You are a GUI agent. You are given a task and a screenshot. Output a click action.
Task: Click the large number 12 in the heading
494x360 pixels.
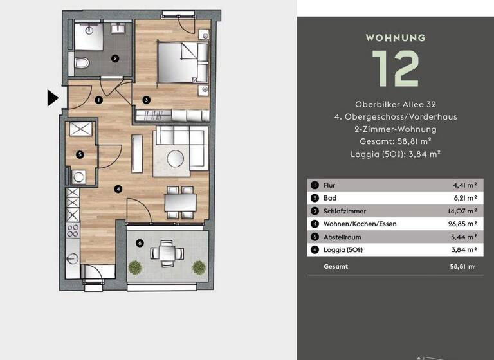click(395, 68)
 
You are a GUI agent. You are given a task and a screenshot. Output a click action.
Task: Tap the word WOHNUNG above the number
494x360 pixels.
click(396, 37)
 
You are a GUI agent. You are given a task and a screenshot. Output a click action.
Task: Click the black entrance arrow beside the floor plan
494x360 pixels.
click(53, 98)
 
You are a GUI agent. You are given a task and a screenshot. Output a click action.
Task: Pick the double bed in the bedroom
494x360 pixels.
click(183, 62)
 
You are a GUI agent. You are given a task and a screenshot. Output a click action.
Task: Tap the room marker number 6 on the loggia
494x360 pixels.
click(140, 242)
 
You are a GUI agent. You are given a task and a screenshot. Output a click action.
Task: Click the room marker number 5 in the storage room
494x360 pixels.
click(79, 154)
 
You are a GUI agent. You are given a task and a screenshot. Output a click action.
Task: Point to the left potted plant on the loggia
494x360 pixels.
click(134, 265)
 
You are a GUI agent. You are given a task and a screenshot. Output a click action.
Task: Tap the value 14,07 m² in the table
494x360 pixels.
click(463, 211)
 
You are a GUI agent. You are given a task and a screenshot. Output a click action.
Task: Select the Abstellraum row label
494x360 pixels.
click(342, 237)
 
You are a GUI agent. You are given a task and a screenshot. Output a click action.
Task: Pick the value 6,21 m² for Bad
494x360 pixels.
click(464, 198)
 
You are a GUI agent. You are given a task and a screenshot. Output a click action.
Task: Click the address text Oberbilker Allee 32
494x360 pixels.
click(395, 104)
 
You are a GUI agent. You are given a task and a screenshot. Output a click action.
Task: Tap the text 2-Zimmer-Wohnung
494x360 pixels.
click(395, 129)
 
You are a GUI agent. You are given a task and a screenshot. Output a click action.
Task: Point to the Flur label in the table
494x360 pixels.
click(329, 185)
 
